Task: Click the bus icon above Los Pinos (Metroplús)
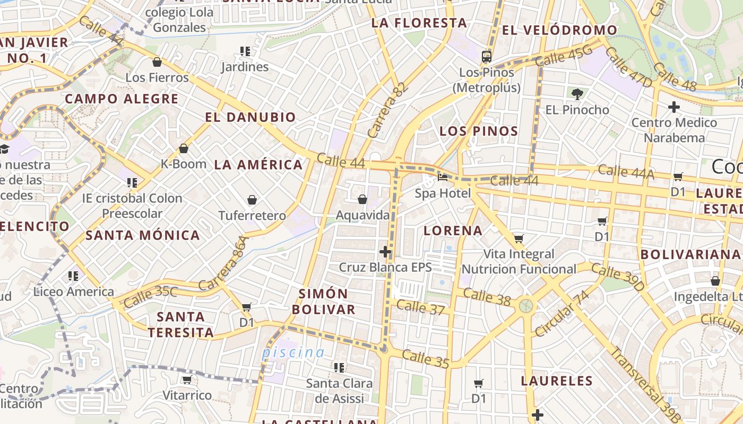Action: [x=486, y=56]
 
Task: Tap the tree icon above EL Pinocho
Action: [x=577, y=94]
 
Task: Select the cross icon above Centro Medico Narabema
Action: [x=674, y=107]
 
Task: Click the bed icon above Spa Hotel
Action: [x=443, y=177]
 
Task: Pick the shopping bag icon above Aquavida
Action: [x=362, y=199]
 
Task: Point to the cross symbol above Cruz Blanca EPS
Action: [x=386, y=251]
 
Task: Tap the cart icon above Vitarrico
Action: [x=187, y=379]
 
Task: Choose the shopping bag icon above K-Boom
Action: [x=184, y=148]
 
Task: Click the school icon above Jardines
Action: [x=245, y=51]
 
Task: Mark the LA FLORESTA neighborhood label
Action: [x=419, y=23]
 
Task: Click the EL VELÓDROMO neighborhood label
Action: [x=559, y=30]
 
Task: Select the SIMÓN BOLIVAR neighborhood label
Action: [x=327, y=302]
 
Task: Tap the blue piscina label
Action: [x=293, y=352]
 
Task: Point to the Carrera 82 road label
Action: [x=388, y=110]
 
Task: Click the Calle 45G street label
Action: [x=563, y=56]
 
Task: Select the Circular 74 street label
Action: [x=563, y=313]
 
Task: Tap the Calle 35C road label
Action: [x=151, y=297]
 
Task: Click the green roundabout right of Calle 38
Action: [x=526, y=305]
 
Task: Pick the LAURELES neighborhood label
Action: [x=557, y=381]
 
